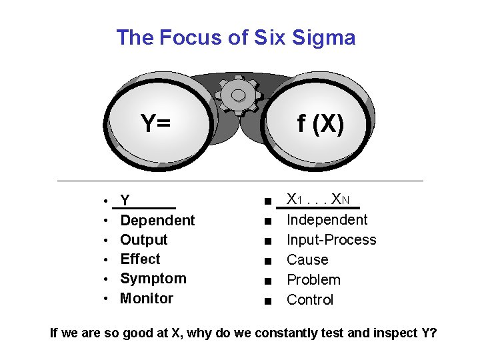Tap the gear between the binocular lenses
pyautogui.click(x=238, y=93)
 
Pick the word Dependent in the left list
pyautogui.click(x=157, y=220)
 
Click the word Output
pyautogui.click(x=143, y=239)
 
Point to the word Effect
pyautogui.click(x=140, y=259)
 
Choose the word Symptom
pyautogui.click(x=153, y=278)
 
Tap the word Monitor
pyautogui.click(x=146, y=298)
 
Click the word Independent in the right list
pyautogui.click(x=327, y=220)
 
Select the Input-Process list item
pyautogui.click(x=331, y=240)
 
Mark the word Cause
pyautogui.click(x=307, y=259)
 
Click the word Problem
pyautogui.click(x=313, y=279)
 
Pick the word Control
pyautogui.click(x=309, y=299)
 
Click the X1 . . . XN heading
pyautogui.click(x=323, y=199)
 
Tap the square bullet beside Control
pyautogui.click(x=267, y=301)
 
